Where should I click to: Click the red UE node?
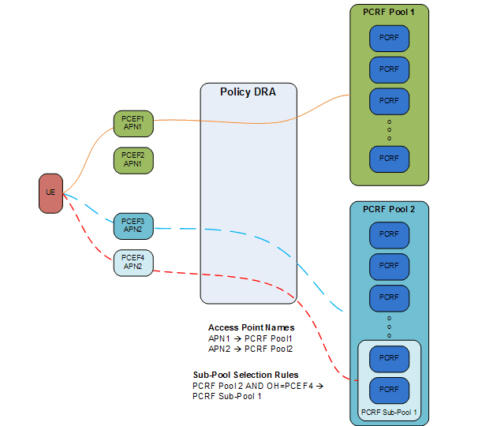point(50,193)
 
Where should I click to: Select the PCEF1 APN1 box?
point(133,123)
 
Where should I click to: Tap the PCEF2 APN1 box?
point(133,160)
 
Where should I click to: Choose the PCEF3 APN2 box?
point(133,226)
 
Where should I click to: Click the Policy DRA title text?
point(248,92)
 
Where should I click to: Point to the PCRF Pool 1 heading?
point(389,13)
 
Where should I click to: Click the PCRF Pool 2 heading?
point(389,209)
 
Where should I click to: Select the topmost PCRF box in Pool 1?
point(389,38)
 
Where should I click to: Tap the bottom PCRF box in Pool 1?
point(389,159)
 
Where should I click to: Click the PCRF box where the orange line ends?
point(389,101)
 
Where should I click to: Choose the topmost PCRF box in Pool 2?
point(389,235)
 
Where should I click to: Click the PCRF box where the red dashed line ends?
point(389,390)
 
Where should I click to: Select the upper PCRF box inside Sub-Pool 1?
point(389,358)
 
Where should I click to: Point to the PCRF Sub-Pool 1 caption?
point(388,413)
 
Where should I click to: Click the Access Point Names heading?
point(251,327)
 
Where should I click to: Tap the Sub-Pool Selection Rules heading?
point(245,375)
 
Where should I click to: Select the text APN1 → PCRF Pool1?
point(245,338)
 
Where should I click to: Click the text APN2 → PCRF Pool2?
point(245,349)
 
